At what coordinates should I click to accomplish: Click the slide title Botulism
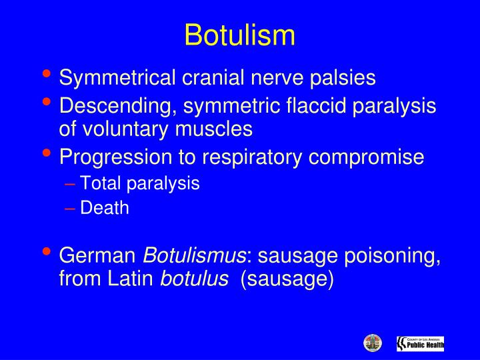coord(239,35)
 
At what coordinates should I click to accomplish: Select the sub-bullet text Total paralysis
coord(139,183)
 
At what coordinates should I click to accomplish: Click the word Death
coord(104,208)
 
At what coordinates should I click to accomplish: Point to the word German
coord(98,255)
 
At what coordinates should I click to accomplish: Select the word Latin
coord(131,278)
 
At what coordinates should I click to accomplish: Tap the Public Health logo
coord(420,343)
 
